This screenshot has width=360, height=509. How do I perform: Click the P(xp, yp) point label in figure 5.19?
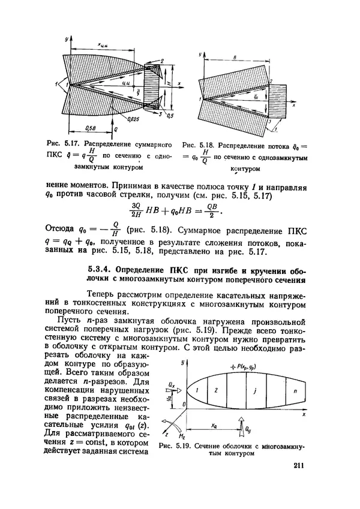pyautogui.click(x=244, y=366)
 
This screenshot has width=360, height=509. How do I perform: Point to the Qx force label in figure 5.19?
pyautogui.click(x=172, y=381)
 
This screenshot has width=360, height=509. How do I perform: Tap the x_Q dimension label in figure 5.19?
pyautogui.click(x=214, y=424)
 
